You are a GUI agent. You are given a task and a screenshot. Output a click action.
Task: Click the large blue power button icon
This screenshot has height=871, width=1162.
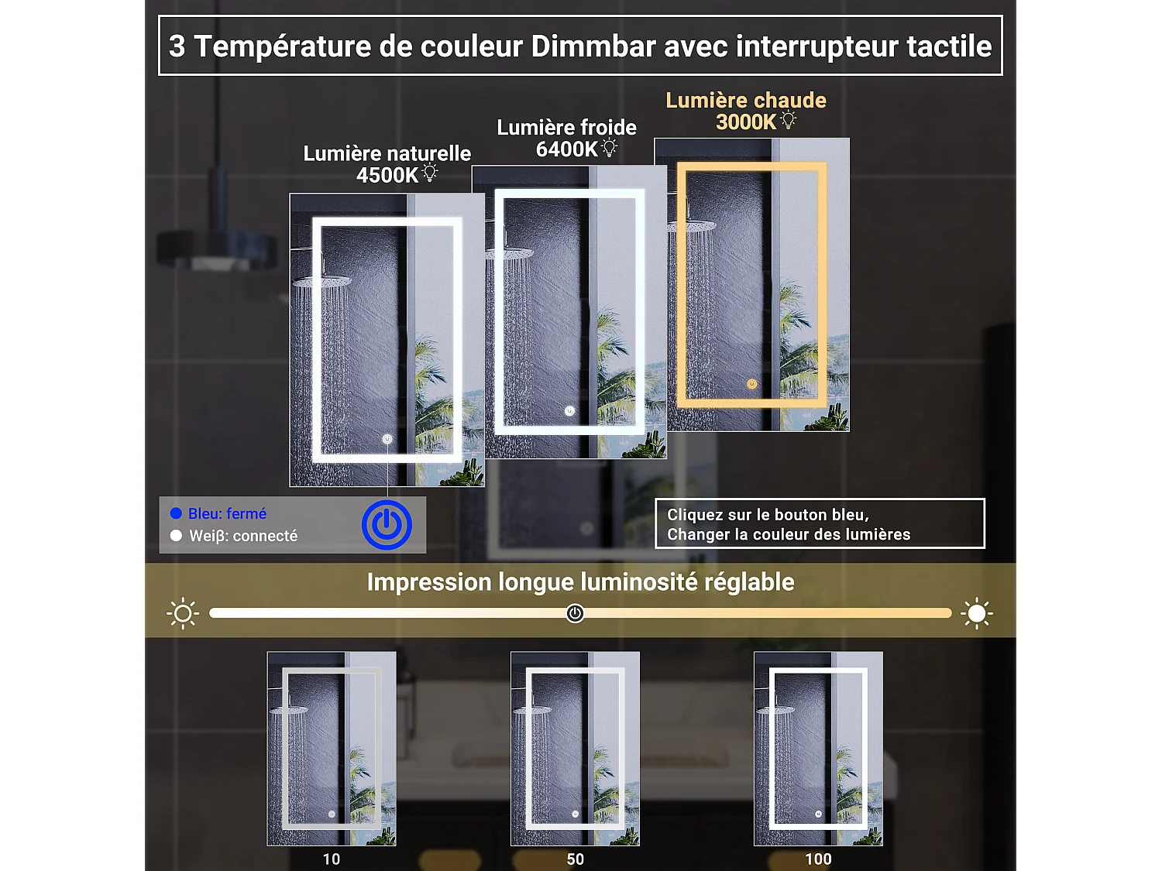[387, 525]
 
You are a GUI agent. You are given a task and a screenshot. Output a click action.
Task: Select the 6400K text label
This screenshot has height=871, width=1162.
[566, 149]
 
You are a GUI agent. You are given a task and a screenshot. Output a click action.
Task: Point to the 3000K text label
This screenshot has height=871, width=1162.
[746, 122]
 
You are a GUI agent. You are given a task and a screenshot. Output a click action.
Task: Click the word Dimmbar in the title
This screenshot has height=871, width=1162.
[593, 46]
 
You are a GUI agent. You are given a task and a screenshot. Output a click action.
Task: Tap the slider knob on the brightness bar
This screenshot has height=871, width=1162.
[575, 613]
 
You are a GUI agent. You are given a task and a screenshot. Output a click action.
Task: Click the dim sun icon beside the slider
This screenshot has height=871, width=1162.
[183, 613]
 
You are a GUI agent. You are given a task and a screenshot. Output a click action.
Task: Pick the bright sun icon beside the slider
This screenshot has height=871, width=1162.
[977, 613]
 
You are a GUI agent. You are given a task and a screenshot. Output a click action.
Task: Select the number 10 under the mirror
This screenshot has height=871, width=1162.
[332, 859]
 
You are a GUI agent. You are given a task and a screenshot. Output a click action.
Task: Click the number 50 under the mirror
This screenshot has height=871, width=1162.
[576, 859]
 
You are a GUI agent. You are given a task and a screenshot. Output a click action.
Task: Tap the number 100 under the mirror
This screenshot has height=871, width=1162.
[818, 859]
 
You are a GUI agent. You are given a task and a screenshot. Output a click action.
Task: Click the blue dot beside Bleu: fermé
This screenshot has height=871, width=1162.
[177, 513]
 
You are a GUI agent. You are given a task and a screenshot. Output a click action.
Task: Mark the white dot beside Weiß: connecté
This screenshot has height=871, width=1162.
[177, 536]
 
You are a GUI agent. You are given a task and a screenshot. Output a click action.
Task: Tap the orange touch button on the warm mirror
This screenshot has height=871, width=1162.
[751, 384]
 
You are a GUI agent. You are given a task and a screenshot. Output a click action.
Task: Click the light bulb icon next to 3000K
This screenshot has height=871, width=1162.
[789, 120]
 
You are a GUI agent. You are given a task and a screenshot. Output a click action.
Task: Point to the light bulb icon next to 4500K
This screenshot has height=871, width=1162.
[429, 173]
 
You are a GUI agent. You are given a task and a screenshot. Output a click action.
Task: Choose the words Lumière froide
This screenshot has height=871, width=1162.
[566, 128]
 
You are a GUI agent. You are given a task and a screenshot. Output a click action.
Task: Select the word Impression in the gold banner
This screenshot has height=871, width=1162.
[429, 583]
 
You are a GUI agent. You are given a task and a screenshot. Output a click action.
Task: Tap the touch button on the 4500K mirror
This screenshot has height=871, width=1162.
[387, 439]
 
